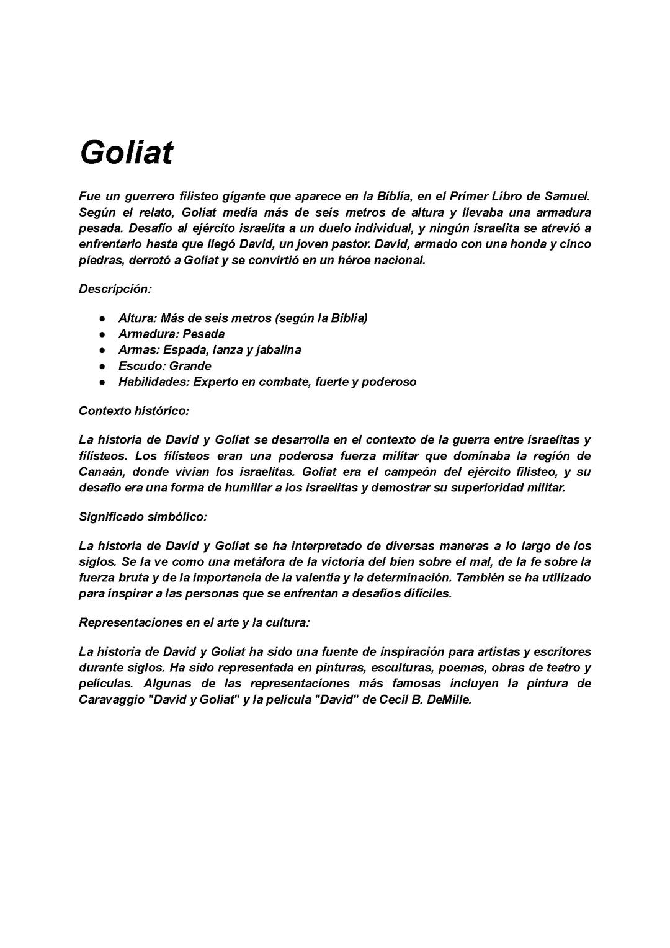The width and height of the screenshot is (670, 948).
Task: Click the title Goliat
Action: (x=126, y=152)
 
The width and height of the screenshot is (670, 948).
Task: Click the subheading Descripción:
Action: (x=115, y=289)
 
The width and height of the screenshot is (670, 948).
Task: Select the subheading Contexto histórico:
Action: (x=134, y=411)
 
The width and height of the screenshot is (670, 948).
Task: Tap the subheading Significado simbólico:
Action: (x=143, y=517)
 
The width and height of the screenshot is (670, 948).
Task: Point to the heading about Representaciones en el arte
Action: (x=194, y=622)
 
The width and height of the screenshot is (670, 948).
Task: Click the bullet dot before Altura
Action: (x=102, y=318)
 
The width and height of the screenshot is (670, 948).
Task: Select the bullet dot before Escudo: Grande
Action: (x=102, y=366)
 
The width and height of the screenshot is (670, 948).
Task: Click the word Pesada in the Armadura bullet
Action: (x=203, y=334)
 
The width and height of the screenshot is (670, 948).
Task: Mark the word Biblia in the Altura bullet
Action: (x=349, y=318)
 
